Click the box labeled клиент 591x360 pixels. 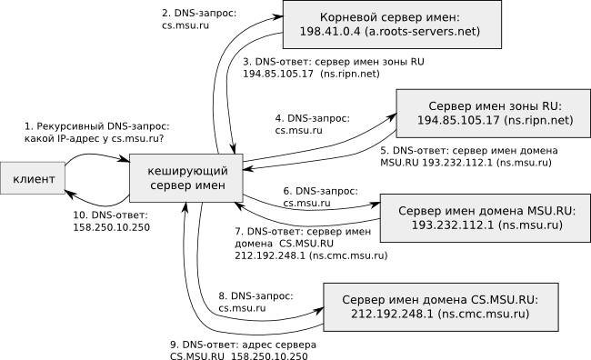tap(34, 179)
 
